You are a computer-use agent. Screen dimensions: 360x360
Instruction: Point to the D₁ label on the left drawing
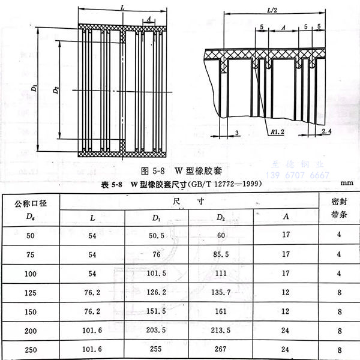[x=36, y=88]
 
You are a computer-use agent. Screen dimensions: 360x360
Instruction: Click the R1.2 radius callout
[x=277, y=131]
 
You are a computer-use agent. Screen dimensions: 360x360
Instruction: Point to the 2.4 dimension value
[x=326, y=130]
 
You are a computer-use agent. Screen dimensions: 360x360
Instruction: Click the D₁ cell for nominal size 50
[x=157, y=235]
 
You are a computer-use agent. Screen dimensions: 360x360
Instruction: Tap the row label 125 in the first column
[x=30, y=293]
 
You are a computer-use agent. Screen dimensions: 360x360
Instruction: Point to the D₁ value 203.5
[x=157, y=331]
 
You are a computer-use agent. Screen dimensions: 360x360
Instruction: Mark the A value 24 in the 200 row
[x=286, y=331]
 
